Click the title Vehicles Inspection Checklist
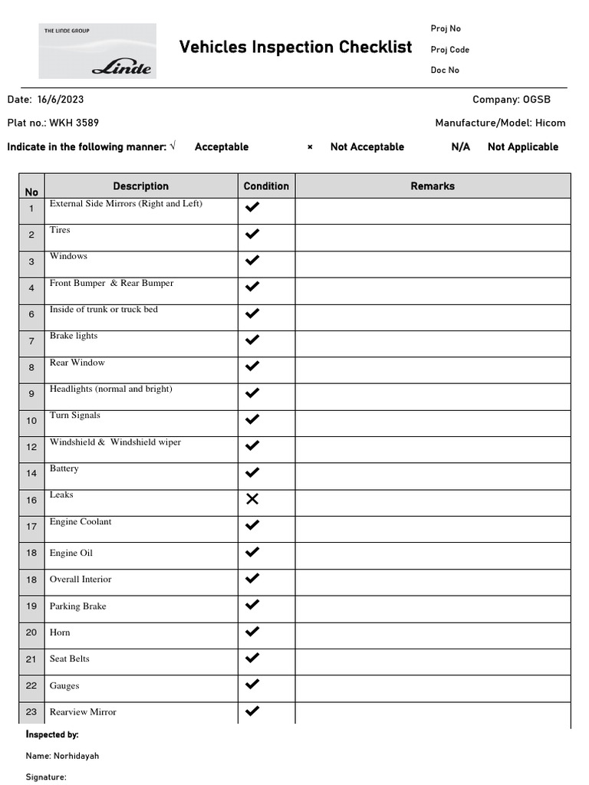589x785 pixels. click(x=295, y=48)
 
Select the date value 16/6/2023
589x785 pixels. click(x=61, y=100)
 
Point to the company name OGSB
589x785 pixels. click(x=536, y=100)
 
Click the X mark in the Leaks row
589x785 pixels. click(x=252, y=499)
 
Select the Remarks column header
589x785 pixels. click(x=433, y=186)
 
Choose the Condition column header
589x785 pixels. click(x=266, y=186)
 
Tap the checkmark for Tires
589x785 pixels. click(x=252, y=234)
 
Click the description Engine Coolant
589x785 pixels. click(x=81, y=522)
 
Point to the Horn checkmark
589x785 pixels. click(x=252, y=632)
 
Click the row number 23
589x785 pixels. click(x=31, y=712)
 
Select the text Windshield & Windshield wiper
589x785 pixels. click(x=115, y=442)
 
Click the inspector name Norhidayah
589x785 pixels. click(x=76, y=756)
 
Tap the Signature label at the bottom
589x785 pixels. click(x=46, y=777)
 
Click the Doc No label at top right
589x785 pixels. click(x=445, y=71)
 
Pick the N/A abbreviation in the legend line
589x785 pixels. click(x=461, y=147)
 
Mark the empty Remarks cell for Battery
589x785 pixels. click(x=433, y=473)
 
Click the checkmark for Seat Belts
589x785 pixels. click(x=252, y=658)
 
